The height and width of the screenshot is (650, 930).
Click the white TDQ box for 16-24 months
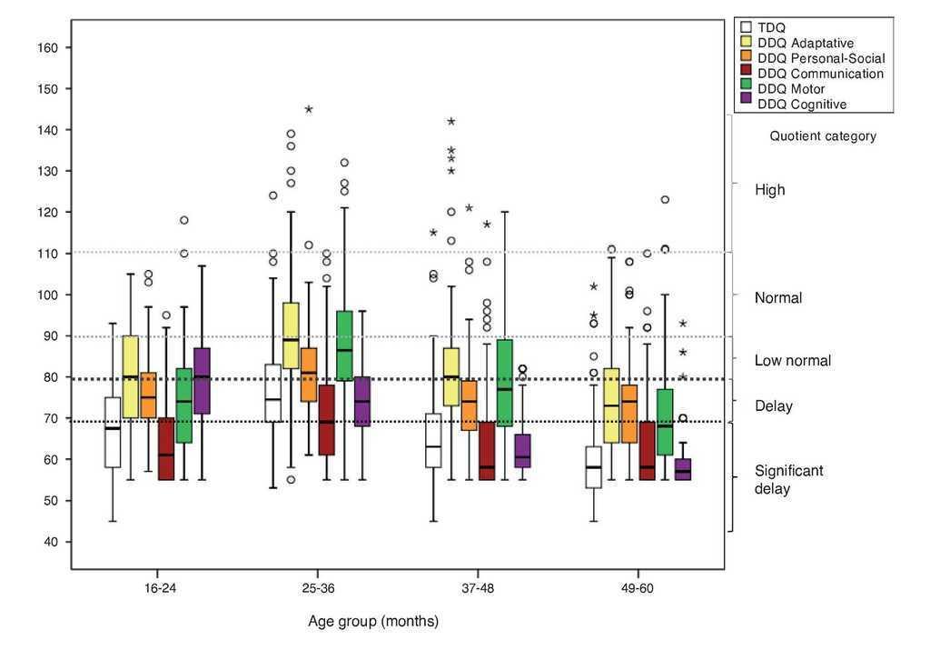point(113,432)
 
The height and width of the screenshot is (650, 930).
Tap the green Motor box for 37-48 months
point(506,382)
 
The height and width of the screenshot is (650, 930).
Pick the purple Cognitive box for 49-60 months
point(683,469)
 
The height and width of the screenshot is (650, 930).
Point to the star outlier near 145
point(309,109)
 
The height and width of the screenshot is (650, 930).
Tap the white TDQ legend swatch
point(747,27)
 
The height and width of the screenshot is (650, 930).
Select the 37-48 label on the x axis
point(478,588)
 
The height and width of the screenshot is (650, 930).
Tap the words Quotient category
point(823,136)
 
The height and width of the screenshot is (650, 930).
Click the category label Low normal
point(792,361)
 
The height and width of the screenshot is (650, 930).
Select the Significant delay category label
point(788,480)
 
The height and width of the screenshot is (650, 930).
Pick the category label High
point(769,190)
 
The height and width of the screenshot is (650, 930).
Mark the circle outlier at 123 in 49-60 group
point(665,199)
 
